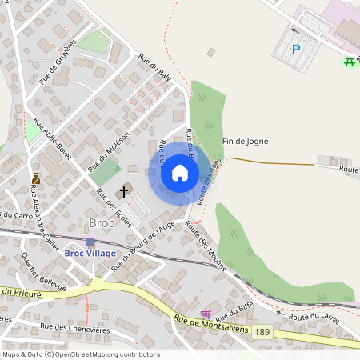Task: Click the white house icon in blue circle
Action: tap(180, 173)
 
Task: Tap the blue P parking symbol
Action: tap(295, 50)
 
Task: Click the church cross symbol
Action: tap(123, 191)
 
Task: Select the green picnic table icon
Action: tap(349, 62)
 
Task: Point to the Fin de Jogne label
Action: tap(245, 142)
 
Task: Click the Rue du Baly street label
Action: tap(155, 68)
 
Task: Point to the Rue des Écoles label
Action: tap(113, 207)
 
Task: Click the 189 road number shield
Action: tap(262, 331)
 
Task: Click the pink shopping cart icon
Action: tap(206, 314)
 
